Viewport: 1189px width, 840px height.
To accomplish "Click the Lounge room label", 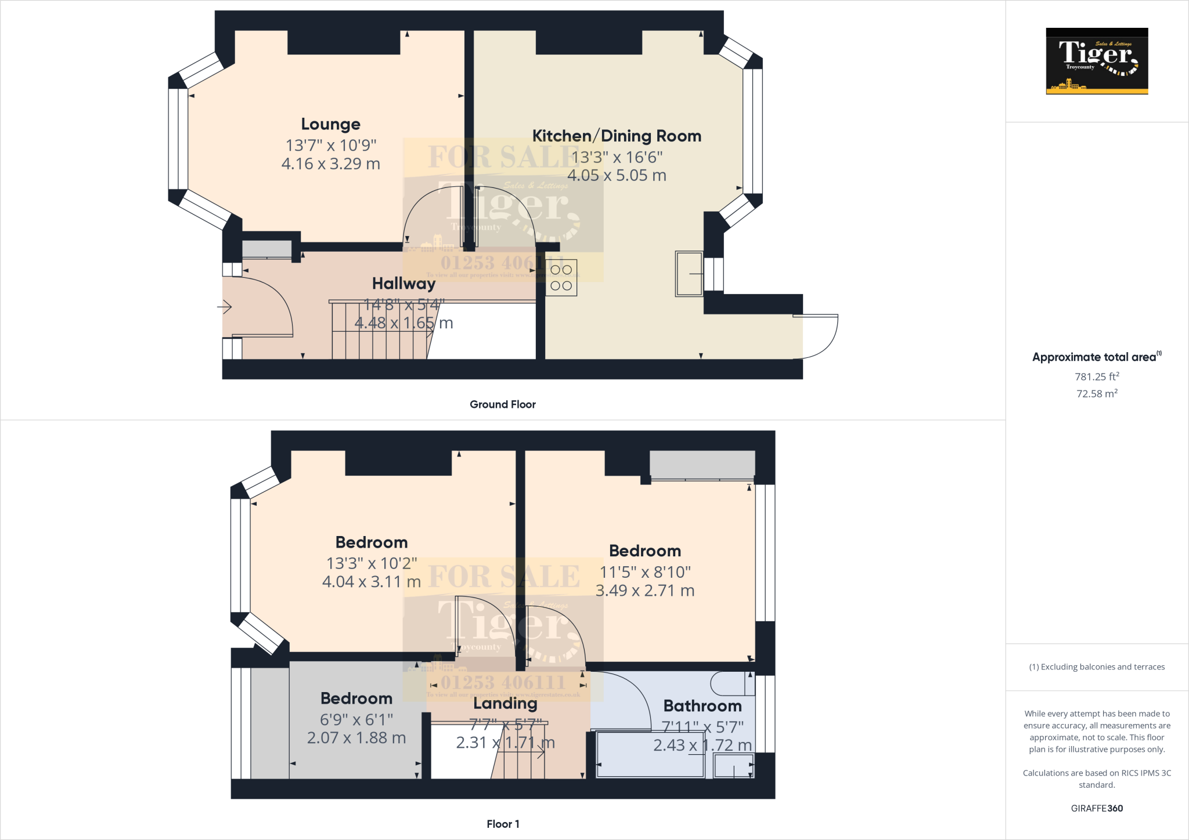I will pos(330,124).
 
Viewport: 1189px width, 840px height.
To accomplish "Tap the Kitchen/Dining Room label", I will pos(617,136).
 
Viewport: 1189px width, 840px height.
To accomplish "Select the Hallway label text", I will pos(403,284).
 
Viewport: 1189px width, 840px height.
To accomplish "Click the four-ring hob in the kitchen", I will pos(561,277).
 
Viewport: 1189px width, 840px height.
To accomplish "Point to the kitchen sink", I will pos(689,273).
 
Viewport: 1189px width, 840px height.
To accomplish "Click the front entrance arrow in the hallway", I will pos(225,307).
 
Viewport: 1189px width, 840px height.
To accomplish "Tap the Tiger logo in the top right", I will pos(1097,61).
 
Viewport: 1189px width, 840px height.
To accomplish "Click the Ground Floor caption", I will pos(502,404).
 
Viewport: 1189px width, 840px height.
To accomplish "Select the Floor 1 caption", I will pos(503,824).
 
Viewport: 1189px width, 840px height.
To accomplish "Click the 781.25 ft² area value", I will pos(1097,376).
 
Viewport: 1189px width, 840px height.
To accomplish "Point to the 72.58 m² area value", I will pos(1097,393).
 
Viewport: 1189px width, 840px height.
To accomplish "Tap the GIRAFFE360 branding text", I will pos(1097,808).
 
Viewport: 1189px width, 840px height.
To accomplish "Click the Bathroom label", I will pos(702,706).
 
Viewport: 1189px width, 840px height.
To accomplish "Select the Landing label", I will pos(505,704).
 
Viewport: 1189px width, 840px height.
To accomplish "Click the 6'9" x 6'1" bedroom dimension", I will pos(356,720).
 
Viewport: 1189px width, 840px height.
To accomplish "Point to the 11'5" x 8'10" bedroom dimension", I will pos(645,573).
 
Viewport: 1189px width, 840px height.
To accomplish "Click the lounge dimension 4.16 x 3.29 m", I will pos(330,164).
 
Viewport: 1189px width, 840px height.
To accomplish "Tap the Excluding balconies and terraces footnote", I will pos(1097,667).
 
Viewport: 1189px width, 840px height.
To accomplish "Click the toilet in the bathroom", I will pos(733,684).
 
